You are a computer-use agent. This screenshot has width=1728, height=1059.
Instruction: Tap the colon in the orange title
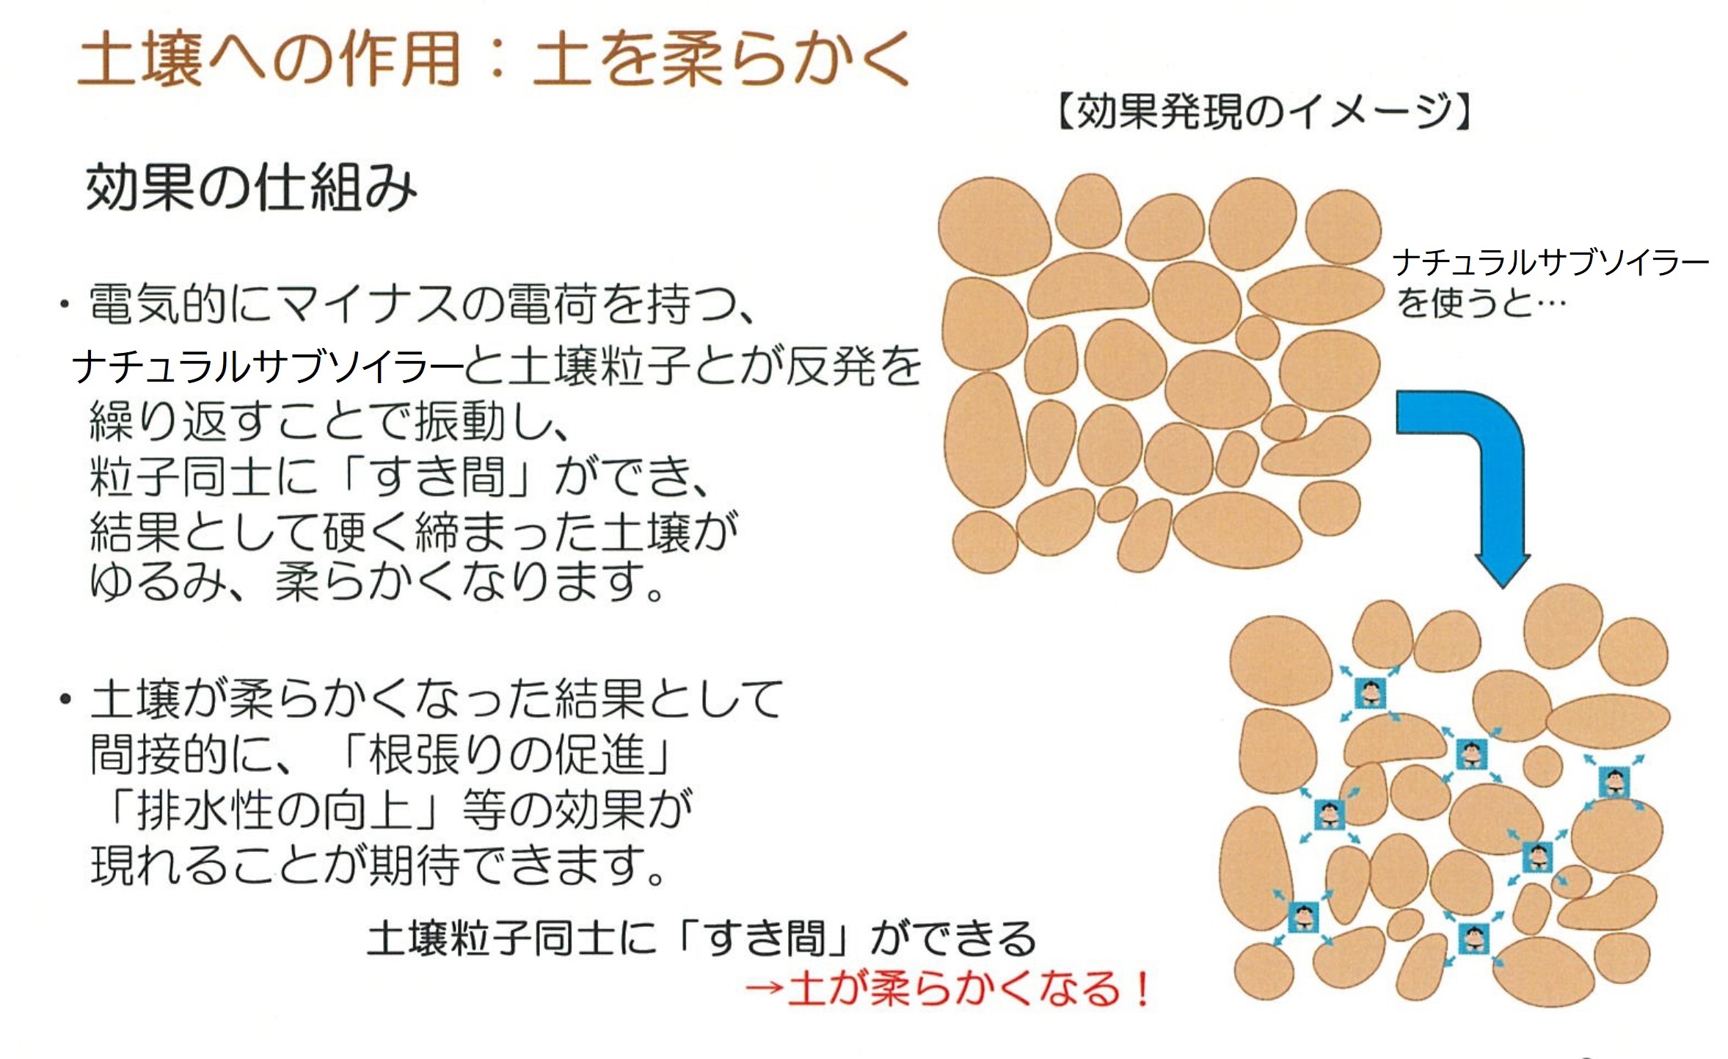coord(497,60)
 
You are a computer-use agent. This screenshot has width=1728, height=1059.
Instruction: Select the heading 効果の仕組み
coord(252,188)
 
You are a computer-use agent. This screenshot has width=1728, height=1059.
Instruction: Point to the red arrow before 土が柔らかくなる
coord(764,989)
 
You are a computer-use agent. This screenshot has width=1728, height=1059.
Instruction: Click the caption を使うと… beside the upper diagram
coord(1480,302)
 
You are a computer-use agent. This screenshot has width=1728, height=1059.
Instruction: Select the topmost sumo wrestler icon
coord(1369,692)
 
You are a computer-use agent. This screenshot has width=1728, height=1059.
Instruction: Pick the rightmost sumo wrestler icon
coord(1614,782)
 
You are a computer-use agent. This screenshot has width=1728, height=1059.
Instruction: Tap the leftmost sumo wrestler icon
coord(1304,917)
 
